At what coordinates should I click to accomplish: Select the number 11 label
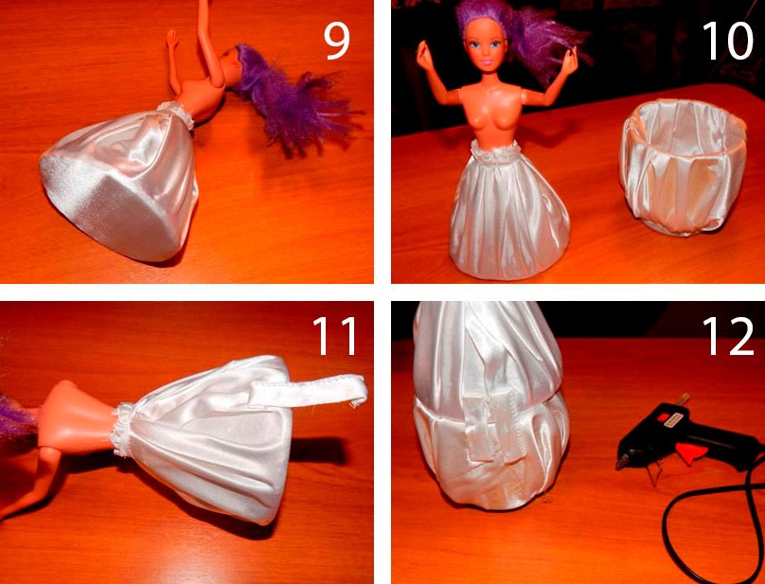pos(335,336)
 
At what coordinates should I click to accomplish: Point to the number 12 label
pos(728,336)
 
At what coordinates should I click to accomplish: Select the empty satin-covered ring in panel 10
pos(683,166)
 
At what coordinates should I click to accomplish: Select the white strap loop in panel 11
pos(309,390)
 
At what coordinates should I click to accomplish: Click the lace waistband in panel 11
pos(122,429)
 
